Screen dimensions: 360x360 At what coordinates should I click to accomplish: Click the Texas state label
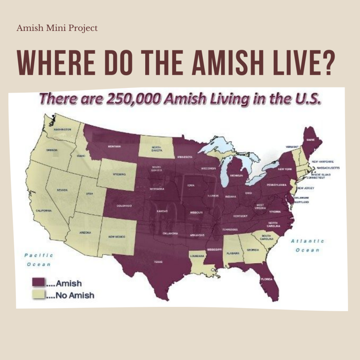158,262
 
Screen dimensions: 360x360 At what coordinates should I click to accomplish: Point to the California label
44,211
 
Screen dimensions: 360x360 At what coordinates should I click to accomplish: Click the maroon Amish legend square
39,282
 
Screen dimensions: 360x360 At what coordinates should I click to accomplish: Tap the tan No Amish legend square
39,295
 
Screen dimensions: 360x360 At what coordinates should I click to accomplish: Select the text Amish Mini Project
57,28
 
